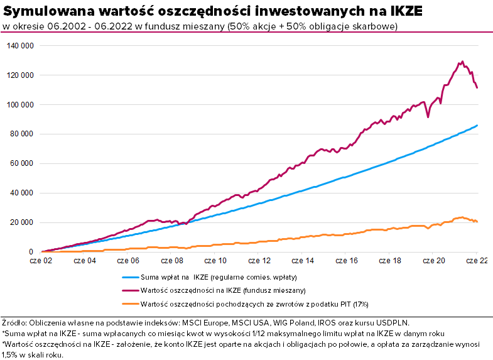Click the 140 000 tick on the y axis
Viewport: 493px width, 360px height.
tap(19, 46)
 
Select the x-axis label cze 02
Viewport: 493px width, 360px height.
tap(41, 259)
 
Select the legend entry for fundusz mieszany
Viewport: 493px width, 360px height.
tap(223, 290)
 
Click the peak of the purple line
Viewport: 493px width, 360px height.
tap(462, 62)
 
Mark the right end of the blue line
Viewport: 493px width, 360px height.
tap(477, 126)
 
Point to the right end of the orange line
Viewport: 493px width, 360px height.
tap(477, 221)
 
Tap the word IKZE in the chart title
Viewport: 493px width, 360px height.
tap(403, 11)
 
